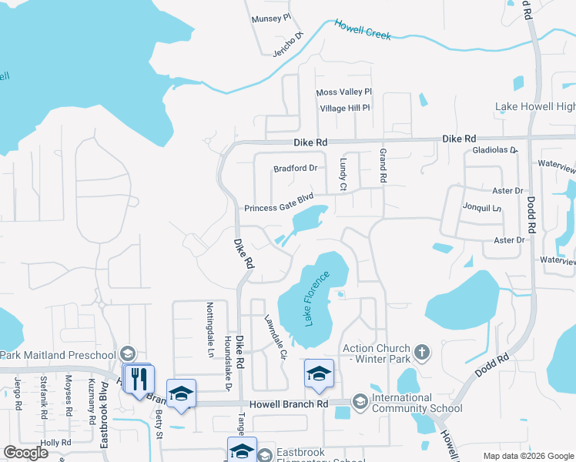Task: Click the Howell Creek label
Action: [363, 29]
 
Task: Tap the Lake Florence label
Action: [316, 298]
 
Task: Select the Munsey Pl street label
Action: [271, 18]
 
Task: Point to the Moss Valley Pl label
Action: [344, 92]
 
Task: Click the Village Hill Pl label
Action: [345, 109]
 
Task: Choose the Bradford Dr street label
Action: [296, 168]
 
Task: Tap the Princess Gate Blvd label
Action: [279, 208]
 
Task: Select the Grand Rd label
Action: [382, 167]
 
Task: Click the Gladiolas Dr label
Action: [494, 149]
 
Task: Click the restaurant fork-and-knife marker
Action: [139, 379]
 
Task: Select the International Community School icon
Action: [359, 401]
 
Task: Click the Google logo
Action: [26, 453]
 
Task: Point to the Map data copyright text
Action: [528, 456]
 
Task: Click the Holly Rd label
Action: [55, 443]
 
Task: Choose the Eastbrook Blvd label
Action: [104, 416]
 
